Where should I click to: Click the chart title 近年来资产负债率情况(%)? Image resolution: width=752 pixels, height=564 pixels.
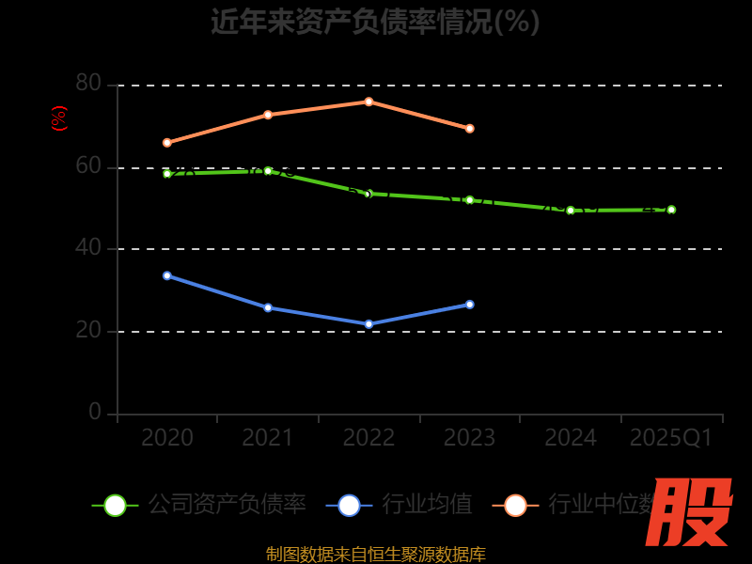375,21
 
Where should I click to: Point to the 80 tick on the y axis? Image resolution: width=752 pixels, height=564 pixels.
88,84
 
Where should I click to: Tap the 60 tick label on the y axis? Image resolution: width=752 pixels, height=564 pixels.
88,166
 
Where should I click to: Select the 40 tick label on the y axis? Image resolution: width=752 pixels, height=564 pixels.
88,248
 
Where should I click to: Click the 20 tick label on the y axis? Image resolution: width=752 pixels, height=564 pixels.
88,330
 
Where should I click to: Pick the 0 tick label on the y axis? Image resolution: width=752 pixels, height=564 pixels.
95,412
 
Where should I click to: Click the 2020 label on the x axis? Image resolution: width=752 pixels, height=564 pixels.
167,438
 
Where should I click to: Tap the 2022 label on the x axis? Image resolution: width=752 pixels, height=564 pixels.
368,438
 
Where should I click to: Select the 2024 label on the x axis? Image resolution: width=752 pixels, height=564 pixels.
571,438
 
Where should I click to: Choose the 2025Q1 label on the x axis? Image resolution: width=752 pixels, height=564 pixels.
671,438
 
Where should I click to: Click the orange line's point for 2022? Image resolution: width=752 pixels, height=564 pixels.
368,102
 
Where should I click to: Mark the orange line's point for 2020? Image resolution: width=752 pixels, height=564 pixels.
167,143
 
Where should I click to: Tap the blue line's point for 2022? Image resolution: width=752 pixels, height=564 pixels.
368,324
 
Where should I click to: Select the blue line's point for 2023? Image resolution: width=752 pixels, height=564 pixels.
470,305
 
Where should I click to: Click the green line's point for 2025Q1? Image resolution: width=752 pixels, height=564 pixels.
671,210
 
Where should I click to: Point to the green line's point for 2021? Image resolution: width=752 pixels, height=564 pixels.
268,171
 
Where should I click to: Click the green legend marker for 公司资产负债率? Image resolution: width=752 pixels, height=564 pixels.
115,505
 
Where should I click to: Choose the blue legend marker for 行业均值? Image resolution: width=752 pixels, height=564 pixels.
349,505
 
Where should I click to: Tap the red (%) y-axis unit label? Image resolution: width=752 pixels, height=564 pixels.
59,118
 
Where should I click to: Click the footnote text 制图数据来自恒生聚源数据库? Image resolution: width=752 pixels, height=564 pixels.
375,554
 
